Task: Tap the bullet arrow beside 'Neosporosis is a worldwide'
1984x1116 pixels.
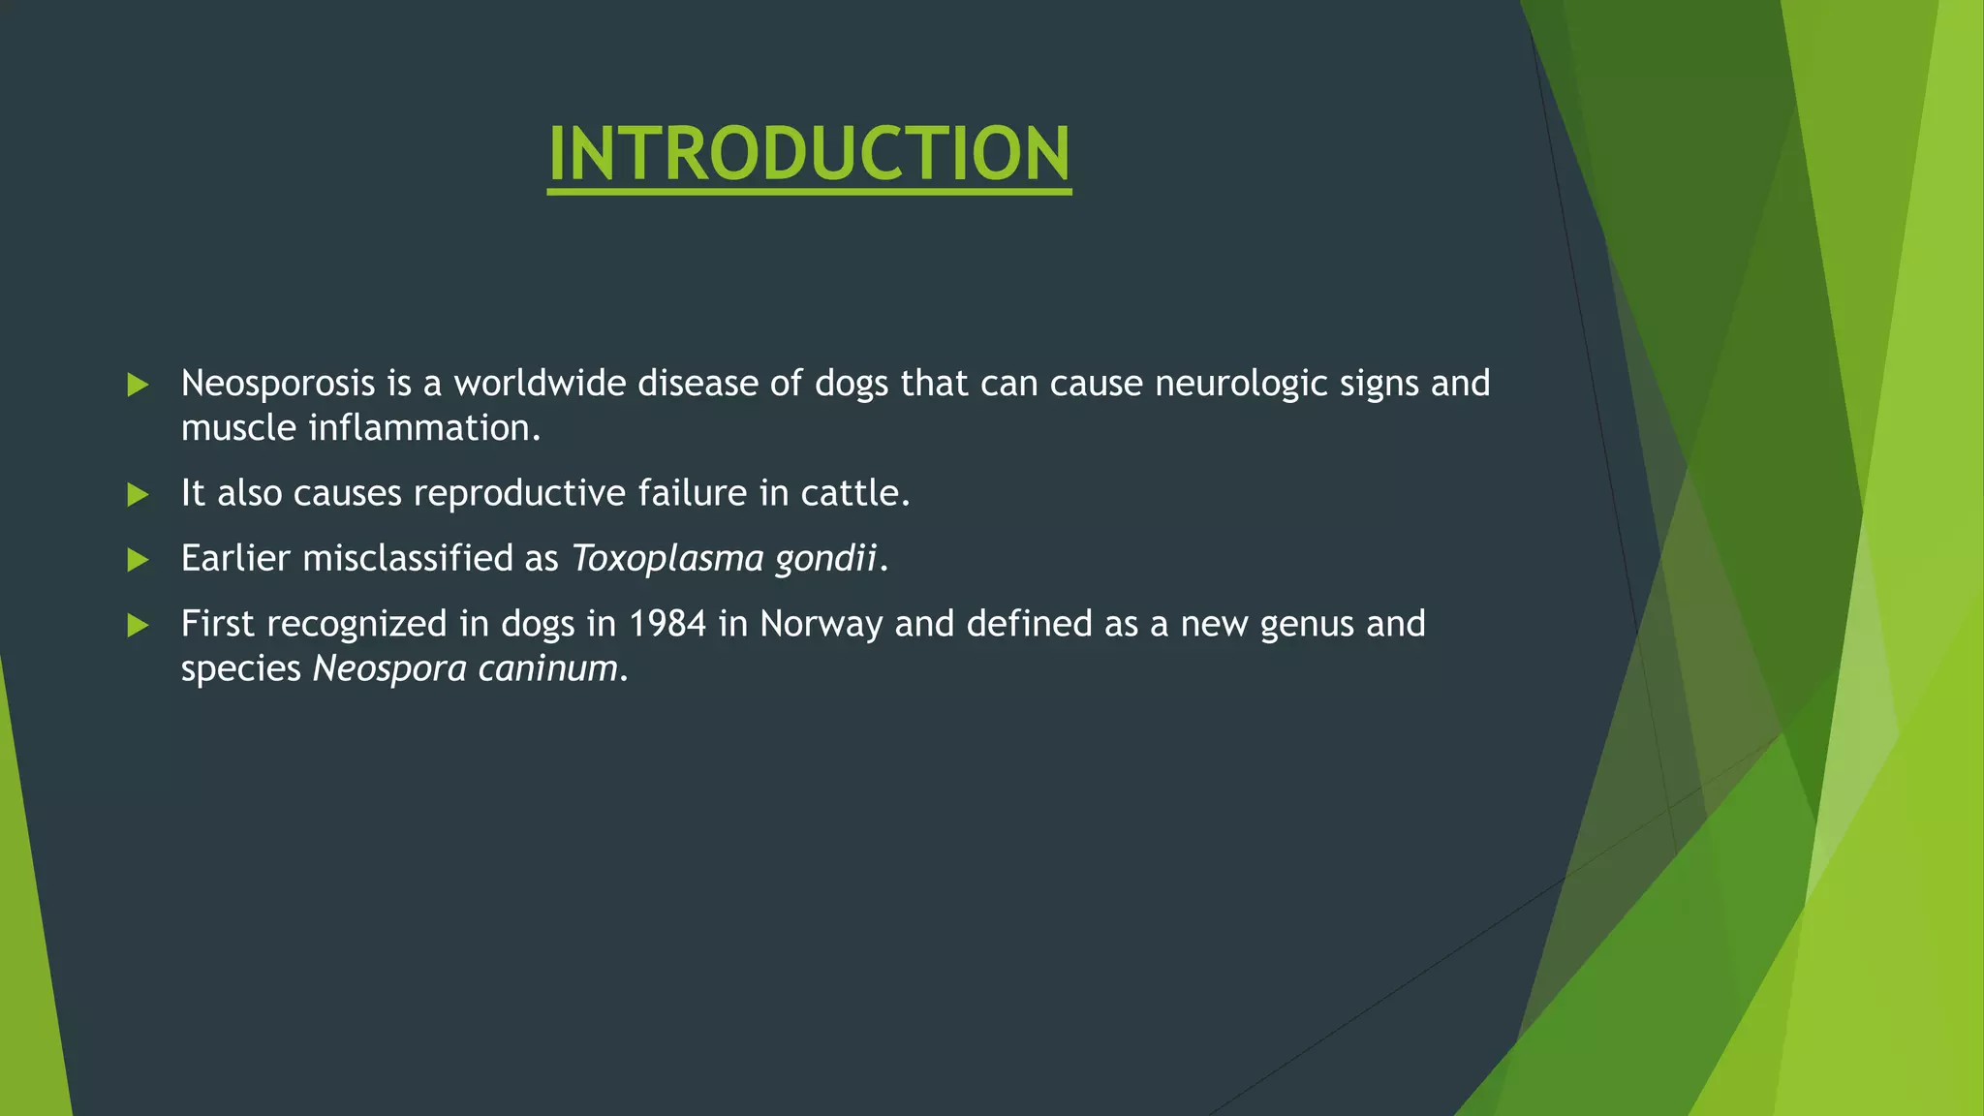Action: tap(138, 385)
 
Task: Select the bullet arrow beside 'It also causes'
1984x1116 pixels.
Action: tap(138, 495)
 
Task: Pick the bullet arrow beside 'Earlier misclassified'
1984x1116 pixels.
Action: tap(138, 559)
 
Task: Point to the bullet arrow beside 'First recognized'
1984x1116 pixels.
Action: tap(138, 625)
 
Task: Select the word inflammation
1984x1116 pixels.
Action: tap(423, 428)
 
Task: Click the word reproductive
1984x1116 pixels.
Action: tap(519, 494)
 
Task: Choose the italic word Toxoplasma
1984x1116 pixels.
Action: tap(667, 559)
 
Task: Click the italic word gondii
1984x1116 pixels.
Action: tap(825, 559)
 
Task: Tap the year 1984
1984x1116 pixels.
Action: tap(667, 624)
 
